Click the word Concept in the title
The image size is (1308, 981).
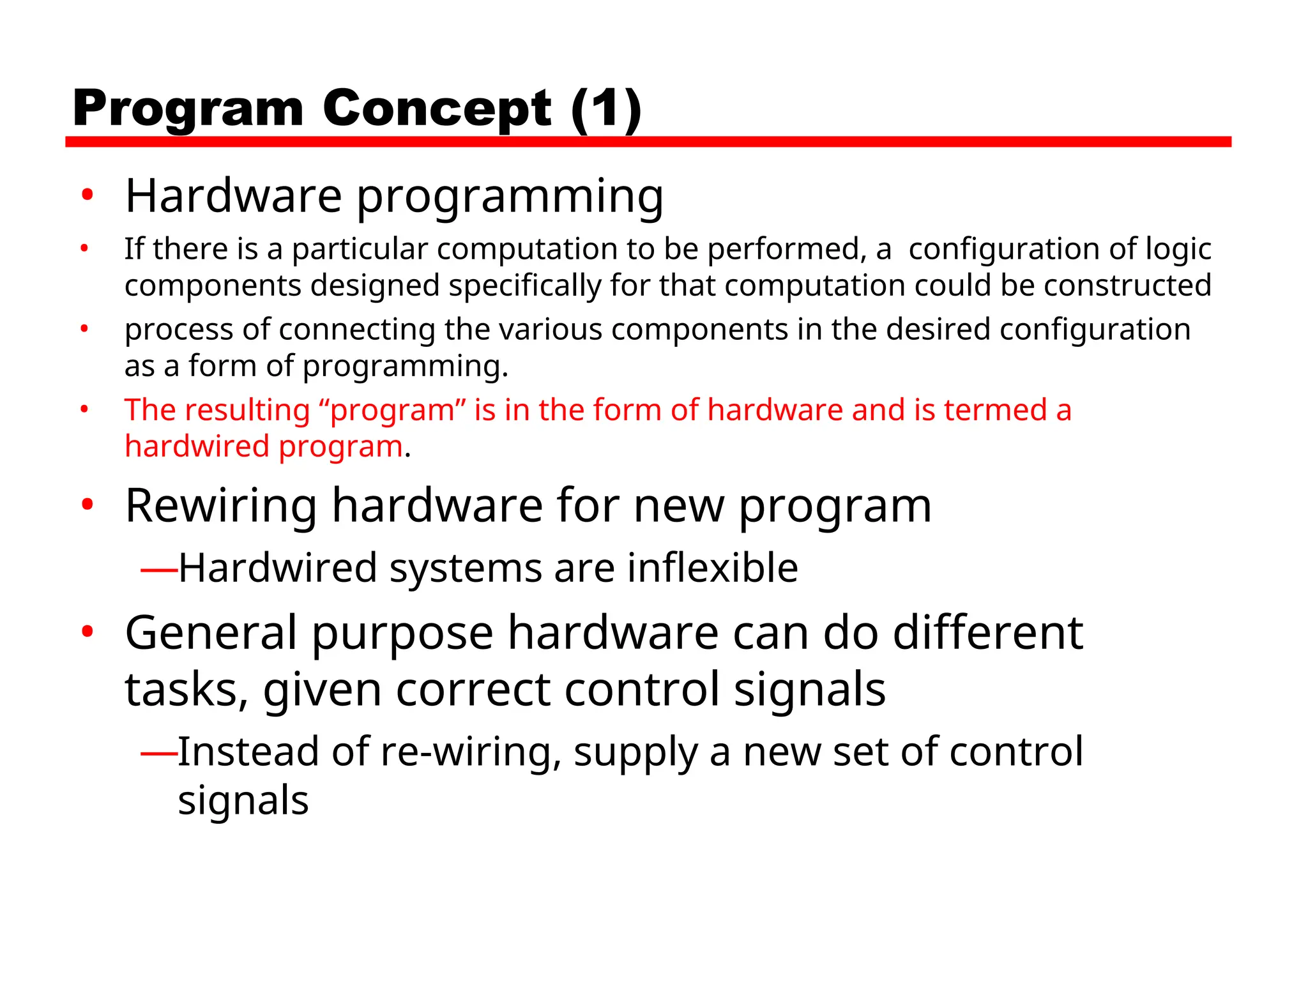(436, 109)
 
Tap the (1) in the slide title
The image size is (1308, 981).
(605, 109)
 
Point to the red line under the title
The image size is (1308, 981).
(648, 142)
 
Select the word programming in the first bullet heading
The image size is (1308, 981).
(510, 197)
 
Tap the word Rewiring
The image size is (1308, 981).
(221, 506)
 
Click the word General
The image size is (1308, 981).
(211, 633)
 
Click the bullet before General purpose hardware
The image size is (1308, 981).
(87, 632)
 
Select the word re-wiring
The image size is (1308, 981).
(471, 752)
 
